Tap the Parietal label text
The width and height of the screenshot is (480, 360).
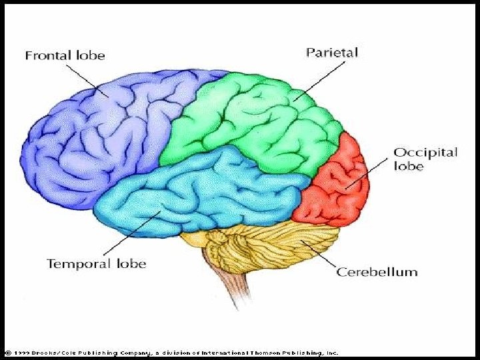point(331,51)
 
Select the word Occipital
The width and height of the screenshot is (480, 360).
point(425,153)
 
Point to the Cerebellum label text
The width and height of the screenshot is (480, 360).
point(377,272)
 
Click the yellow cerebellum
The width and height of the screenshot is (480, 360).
point(267,247)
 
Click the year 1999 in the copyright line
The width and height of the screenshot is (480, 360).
point(19,353)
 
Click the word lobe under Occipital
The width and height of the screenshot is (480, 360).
point(408,167)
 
